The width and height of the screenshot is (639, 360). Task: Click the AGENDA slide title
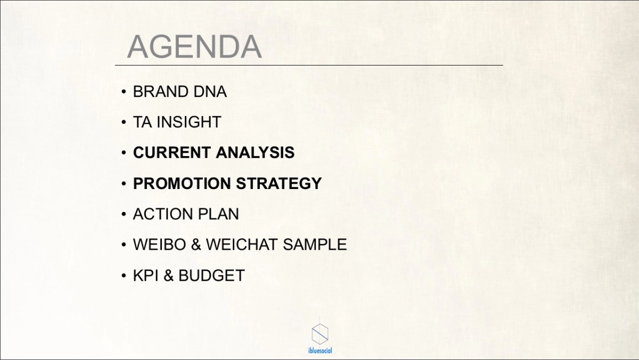(x=194, y=46)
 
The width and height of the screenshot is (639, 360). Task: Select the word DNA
(x=210, y=92)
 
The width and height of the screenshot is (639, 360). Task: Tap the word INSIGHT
(x=189, y=122)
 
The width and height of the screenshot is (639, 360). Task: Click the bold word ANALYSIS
(x=255, y=152)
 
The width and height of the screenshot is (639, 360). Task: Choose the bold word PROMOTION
(x=182, y=183)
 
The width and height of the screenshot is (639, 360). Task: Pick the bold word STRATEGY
(x=278, y=183)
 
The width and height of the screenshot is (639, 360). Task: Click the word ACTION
(x=162, y=214)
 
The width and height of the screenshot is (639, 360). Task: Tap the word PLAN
(x=218, y=214)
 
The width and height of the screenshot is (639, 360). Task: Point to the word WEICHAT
(x=242, y=244)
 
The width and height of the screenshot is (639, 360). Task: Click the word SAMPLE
(x=315, y=244)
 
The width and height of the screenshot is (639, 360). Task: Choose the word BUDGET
(x=211, y=275)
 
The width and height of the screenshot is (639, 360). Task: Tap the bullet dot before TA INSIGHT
(x=124, y=122)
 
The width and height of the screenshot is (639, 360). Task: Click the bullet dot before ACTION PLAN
(x=124, y=214)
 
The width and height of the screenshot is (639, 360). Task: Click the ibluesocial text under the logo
(x=320, y=350)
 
